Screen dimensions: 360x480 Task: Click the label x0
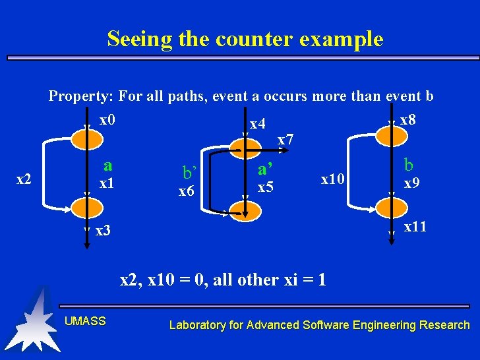coord(107,121)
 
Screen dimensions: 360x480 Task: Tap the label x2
coord(24,179)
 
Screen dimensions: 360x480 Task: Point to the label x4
coord(258,124)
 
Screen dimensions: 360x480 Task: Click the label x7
coord(285,140)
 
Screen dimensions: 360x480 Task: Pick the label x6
coord(187,191)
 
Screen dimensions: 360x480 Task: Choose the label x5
coord(266,187)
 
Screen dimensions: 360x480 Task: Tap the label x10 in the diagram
coord(332,179)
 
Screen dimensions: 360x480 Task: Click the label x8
coord(408,121)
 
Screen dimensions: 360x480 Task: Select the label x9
coord(412,183)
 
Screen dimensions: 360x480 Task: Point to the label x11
coord(415,227)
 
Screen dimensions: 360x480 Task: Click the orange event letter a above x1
coord(108,165)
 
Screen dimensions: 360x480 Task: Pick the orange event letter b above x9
coord(409,164)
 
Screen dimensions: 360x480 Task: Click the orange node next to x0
coord(86,136)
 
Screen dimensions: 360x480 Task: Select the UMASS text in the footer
coord(85,321)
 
